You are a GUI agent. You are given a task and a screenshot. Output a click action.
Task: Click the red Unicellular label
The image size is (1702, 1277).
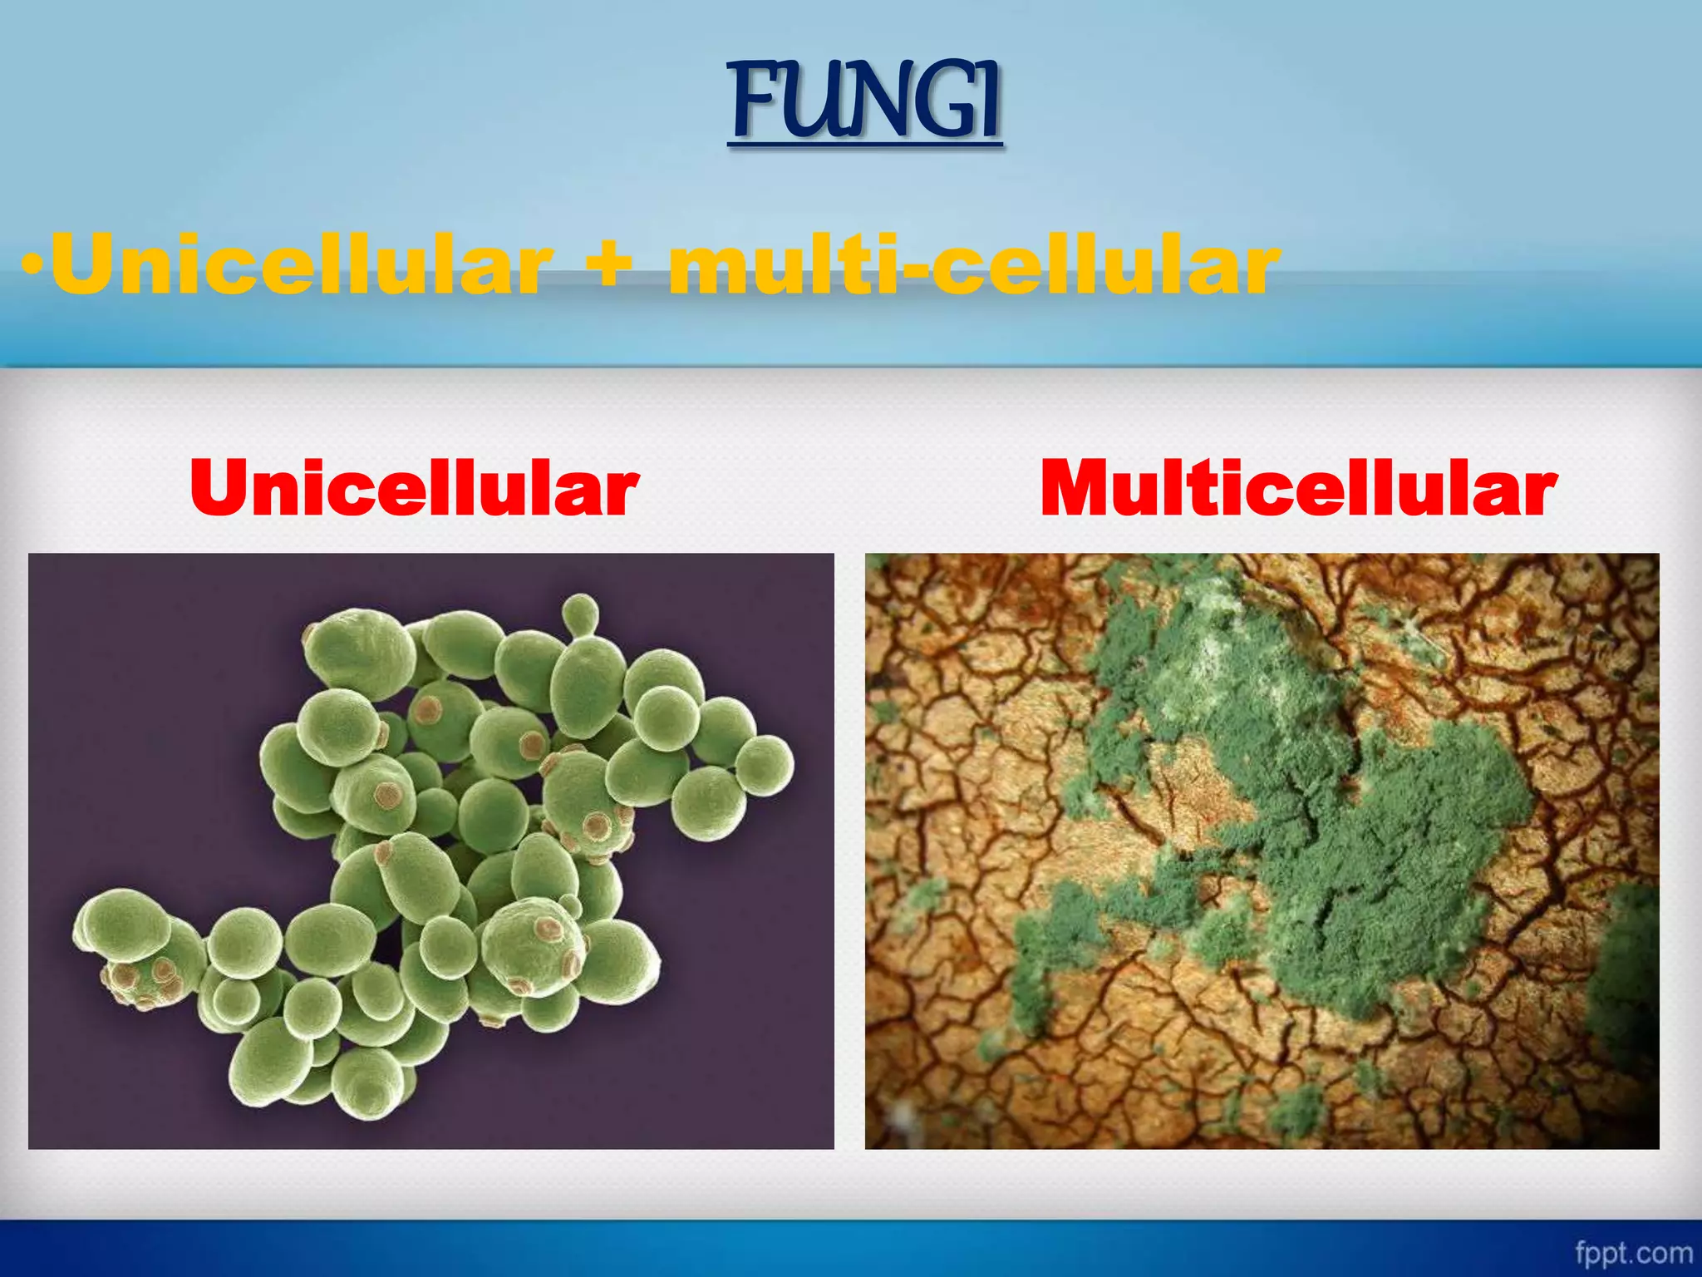[414, 489]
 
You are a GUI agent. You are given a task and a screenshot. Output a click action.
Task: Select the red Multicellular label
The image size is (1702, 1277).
[1298, 489]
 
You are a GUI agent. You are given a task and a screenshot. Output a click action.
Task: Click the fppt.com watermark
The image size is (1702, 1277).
[1633, 1252]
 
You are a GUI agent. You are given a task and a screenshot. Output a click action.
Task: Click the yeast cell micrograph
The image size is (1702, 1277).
[430, 851]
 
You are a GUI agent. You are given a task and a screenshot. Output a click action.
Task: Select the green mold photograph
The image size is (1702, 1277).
[1262, 851]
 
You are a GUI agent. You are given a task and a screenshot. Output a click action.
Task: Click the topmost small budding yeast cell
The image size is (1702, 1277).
[580, 614]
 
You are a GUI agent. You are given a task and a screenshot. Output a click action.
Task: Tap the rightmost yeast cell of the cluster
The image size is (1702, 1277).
[765, 765]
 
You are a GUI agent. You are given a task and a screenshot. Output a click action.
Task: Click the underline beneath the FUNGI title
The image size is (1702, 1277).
[864, 146]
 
